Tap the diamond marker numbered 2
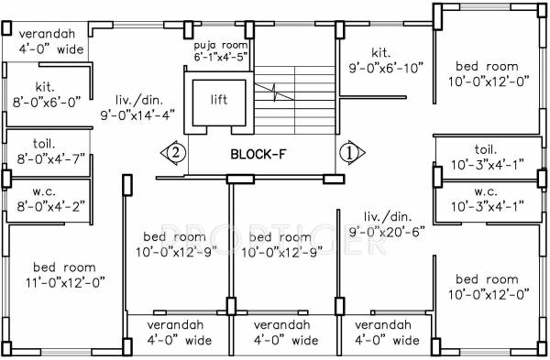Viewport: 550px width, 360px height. click(x=176, y=151)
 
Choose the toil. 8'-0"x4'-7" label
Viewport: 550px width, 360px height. click(x=46, y=151)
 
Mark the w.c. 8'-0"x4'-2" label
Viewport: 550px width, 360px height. click(x=46, y=199)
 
